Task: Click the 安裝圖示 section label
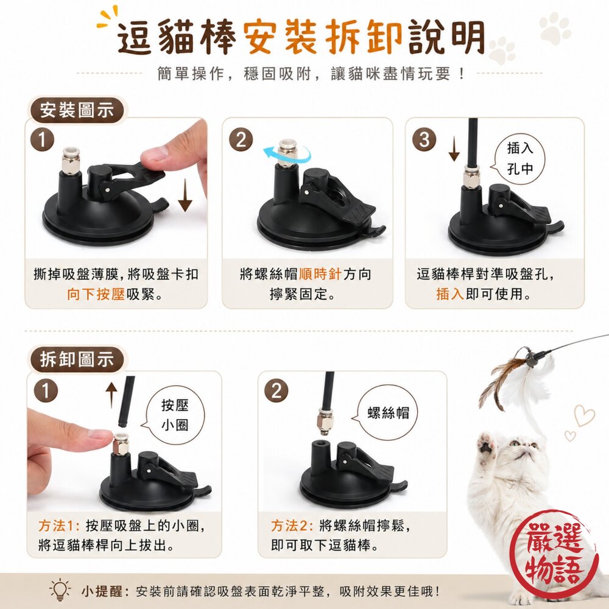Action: pyautogui.click(x=77, y=110)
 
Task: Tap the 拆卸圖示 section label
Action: pyautogui.click(x=77, y=360)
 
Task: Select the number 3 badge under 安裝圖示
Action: pyautogui.click(x=424, y=140)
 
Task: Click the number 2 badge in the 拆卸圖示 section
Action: pyautogui.click(x=276, y=391)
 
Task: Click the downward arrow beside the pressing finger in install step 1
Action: pyautogui.click(x=185, y=194)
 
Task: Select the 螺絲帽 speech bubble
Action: pyautogui.click(x=386, y=412)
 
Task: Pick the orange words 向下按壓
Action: pyautogui.click(x=96, y=294)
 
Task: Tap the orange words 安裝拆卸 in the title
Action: pyautogui.click(x=323, y=38)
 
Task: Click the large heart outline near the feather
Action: pyautogui.click(x=584, y=415)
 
